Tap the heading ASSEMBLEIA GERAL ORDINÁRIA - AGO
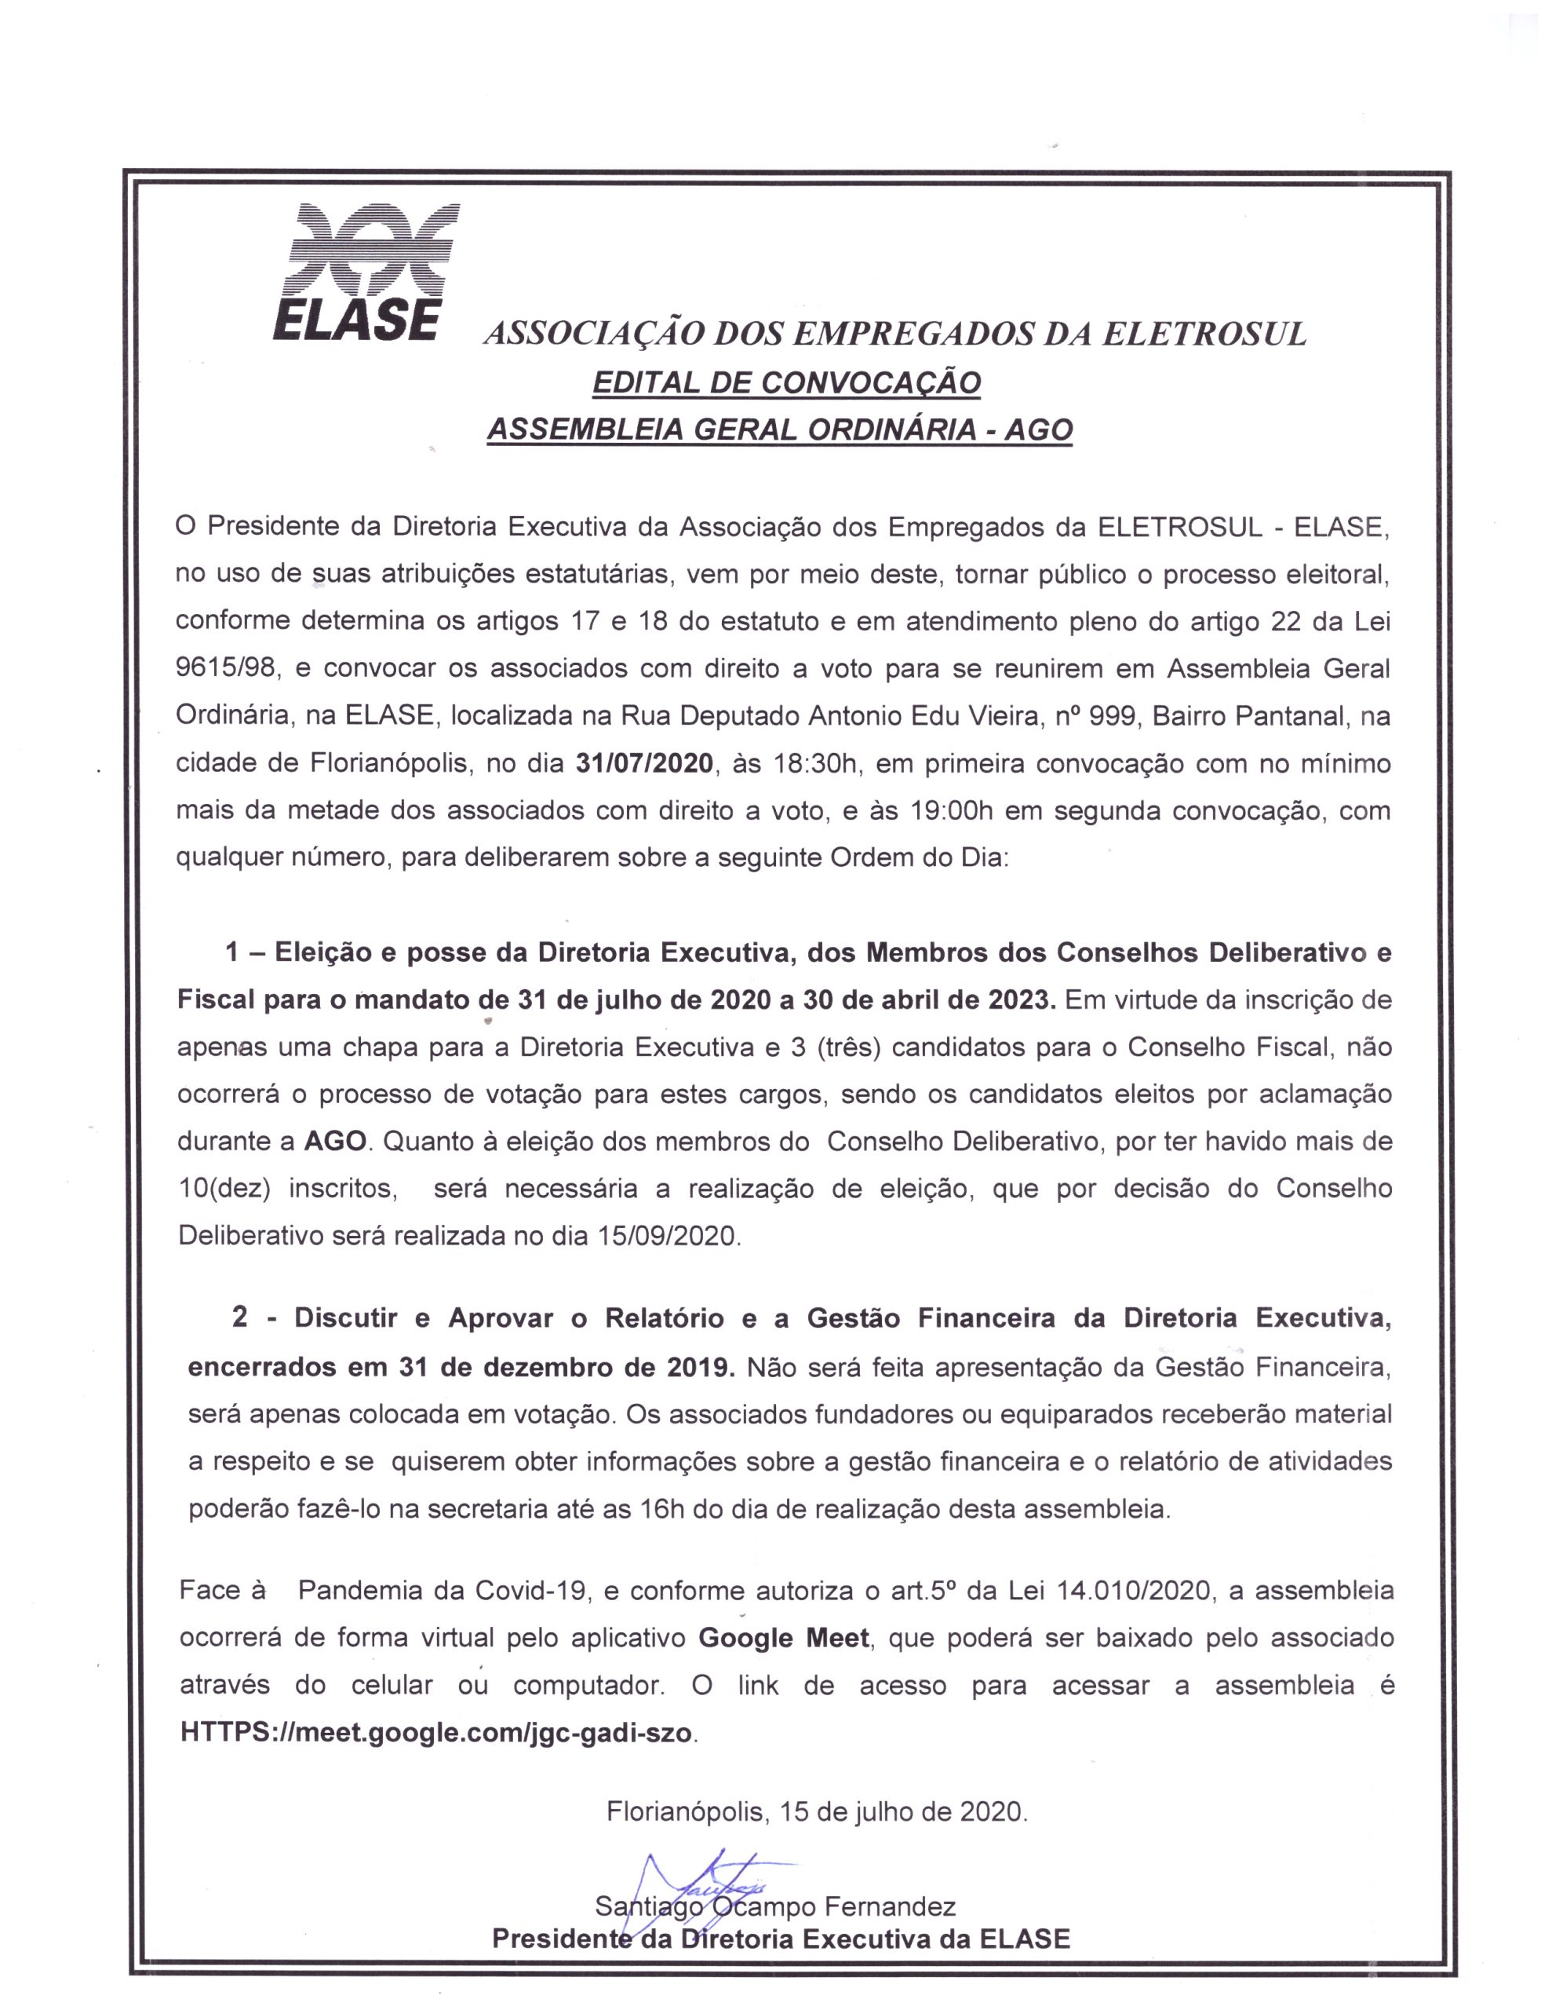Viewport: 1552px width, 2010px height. coord(779,429)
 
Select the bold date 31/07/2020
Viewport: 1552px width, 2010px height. coord(644,763)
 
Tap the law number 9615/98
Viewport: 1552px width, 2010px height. coord(226,668)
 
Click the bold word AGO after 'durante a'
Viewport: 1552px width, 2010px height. coord(336,1141)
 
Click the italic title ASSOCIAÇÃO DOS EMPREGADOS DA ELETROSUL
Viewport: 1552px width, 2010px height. coord(894,334)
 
